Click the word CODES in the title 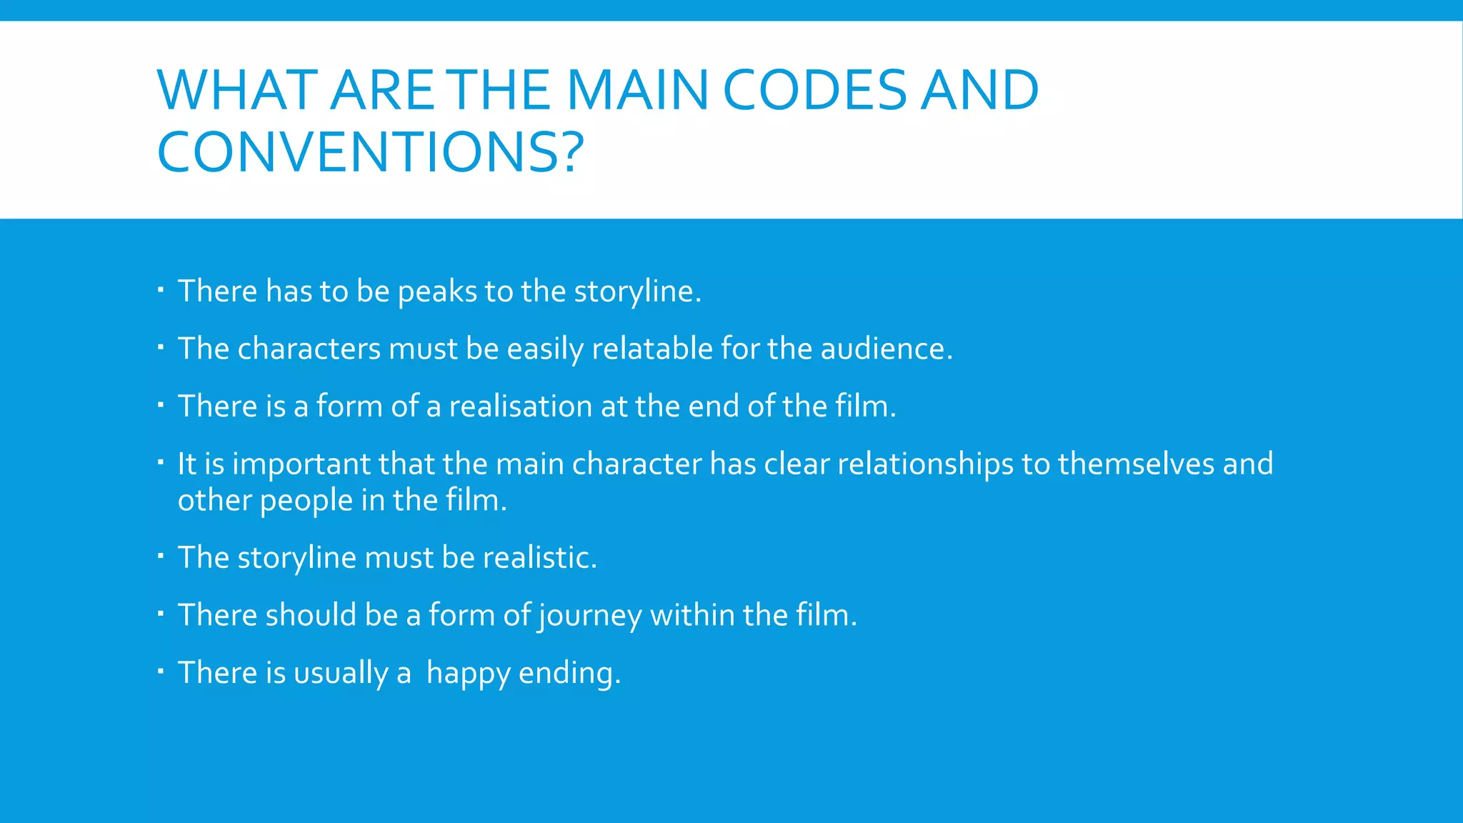(x=814, y=91)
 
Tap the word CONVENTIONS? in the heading (x=370, y=152)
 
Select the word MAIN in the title (x=637, y=91)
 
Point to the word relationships (x=925, y=465)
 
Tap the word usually (x=341, y=674)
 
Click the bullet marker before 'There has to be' (x=161, y=290)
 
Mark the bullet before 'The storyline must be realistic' (x=161, y=556)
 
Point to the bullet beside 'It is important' (x=161, y=462)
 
